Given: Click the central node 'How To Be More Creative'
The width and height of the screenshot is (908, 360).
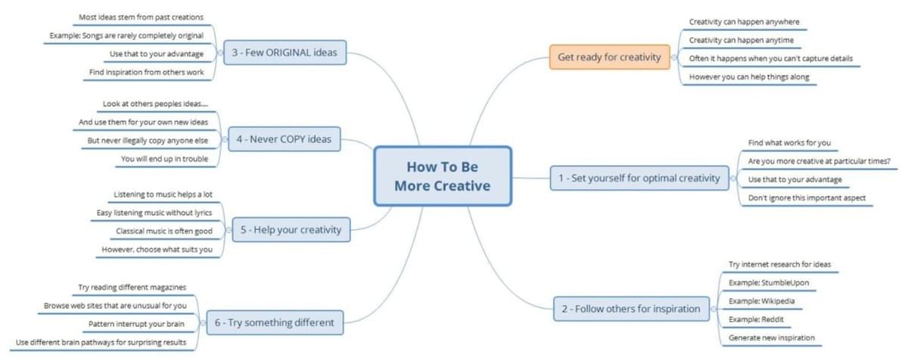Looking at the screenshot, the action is coord(443,176).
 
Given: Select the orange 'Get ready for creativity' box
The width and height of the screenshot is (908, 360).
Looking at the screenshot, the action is coord(609,57).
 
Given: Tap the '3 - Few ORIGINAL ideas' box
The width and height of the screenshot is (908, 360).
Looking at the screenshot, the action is coord(285,52).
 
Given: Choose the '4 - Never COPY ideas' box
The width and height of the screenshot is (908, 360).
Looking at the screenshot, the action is coord(285,139).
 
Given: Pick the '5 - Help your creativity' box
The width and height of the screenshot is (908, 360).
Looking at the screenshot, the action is coord(291,230).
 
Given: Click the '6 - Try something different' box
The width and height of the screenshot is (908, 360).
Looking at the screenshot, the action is coord(275,322).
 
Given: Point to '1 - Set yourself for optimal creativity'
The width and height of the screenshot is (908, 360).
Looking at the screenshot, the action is coord(639,178).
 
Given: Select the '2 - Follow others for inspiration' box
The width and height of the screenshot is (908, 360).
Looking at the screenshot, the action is coord(631,309).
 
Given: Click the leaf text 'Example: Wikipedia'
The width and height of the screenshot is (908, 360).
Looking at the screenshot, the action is coord(761,301).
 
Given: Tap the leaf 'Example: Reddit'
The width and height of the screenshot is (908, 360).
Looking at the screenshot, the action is coord(756,319).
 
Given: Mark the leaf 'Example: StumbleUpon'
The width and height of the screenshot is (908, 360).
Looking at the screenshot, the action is coord(769,283).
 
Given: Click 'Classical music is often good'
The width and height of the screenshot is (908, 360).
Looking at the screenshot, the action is coord(164,231).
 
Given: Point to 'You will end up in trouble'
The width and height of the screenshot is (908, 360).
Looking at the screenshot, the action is coord(165,159).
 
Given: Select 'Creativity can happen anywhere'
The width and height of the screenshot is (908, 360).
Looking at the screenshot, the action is coord(745,22).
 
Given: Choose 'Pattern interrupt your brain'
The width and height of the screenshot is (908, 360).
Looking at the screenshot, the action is coord(136,324).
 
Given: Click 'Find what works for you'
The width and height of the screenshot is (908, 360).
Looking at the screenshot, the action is coord(789,142).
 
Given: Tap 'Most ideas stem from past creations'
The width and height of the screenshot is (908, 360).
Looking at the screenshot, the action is coord(141,17).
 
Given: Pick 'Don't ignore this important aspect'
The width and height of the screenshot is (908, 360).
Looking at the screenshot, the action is coord(807,197).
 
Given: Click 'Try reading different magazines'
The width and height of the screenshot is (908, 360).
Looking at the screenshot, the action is coord(132,287).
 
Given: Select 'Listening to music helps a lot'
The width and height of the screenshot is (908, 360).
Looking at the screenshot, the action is coord(163,194).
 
